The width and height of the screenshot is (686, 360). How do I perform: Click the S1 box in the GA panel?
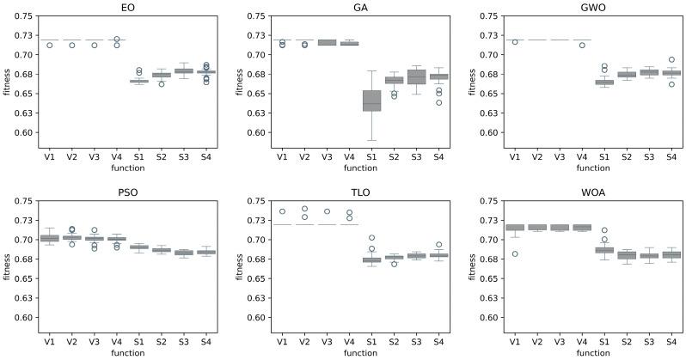point(371,101)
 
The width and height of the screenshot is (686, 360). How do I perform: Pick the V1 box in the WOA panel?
point(514,228)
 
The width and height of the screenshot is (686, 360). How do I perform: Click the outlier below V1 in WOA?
point(514,253)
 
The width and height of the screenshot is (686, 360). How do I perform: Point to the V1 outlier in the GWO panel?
point(514,42)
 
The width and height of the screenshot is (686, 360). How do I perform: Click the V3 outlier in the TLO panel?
point(327,211)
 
